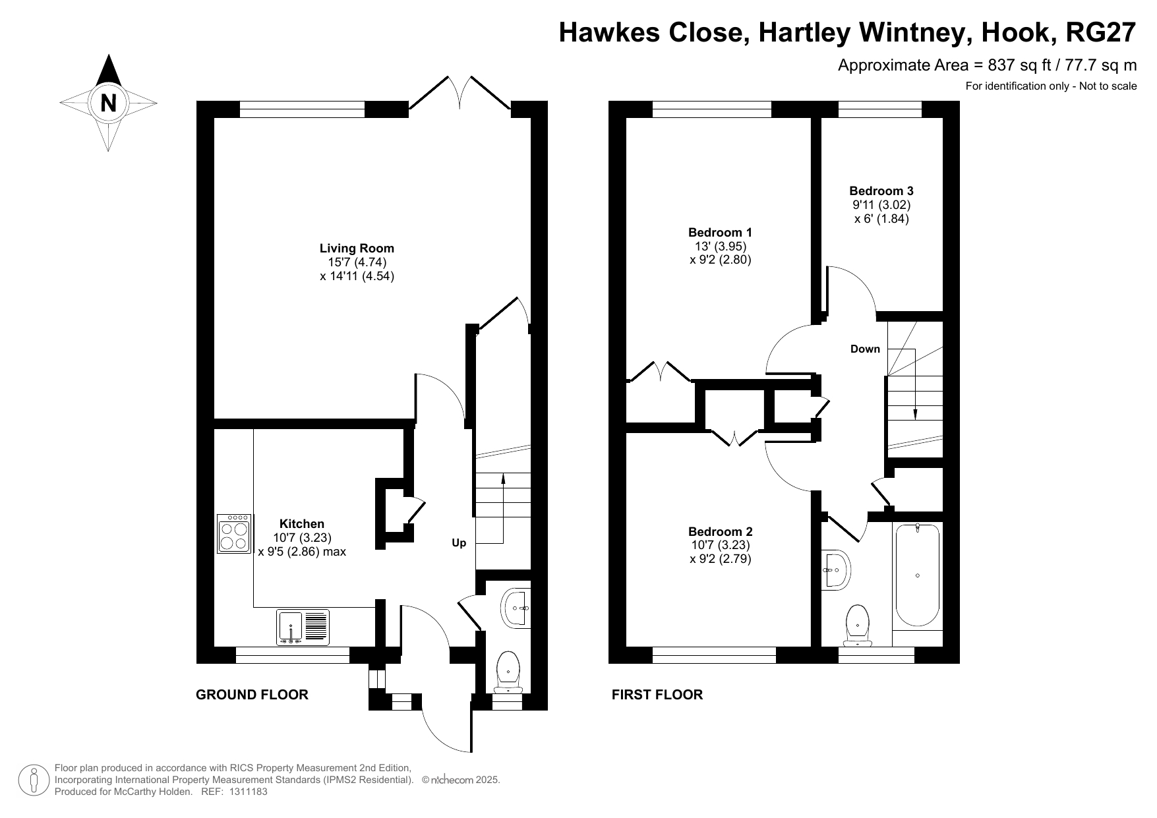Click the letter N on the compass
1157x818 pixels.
(108, 103)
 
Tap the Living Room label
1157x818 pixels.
(357, 248)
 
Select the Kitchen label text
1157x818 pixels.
(302, 524)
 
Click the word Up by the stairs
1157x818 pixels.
(459, 543)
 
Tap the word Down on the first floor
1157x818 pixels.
(865, 349)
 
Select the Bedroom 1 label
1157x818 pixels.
(720, 232)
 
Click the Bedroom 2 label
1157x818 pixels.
(720, 531)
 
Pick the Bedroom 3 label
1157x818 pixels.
(881, 191)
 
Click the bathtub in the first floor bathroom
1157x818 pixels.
(917, 575)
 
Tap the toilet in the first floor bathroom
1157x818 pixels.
(858, 626)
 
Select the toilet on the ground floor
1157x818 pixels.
(508, 672)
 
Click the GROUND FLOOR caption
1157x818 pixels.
(252, 695)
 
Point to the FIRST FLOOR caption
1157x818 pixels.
(657, 695)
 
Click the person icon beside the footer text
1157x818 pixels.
(34, 780)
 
